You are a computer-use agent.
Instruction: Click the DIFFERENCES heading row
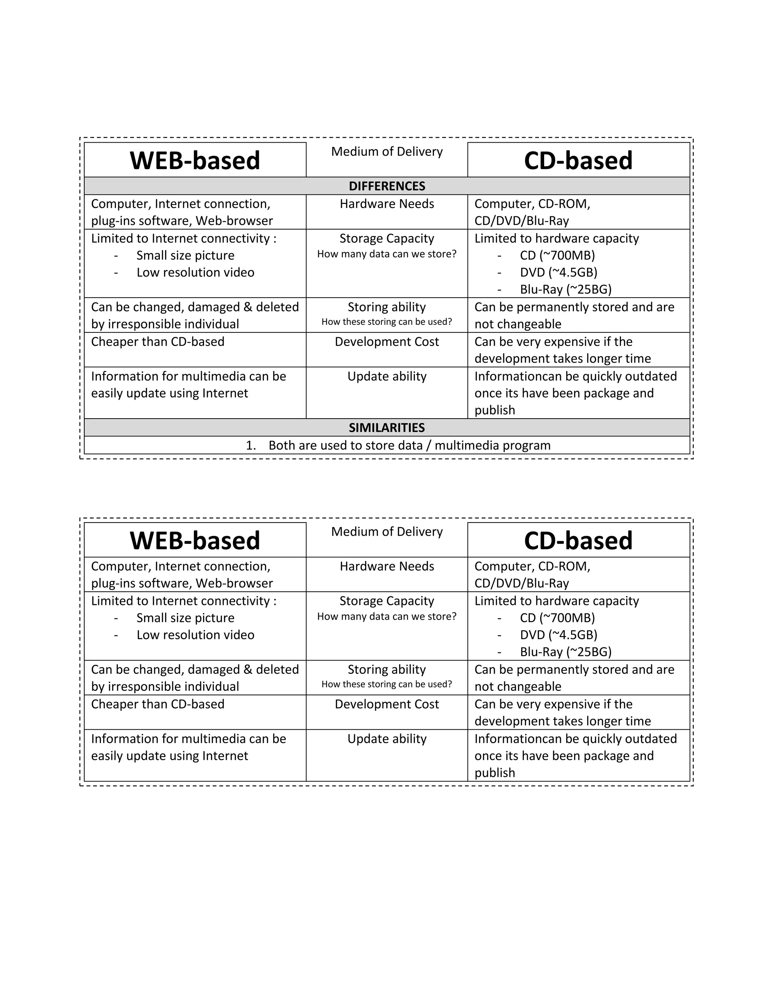(387, 186)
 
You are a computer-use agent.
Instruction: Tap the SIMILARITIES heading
(387, 428)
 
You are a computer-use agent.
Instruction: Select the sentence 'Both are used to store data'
(409, 445)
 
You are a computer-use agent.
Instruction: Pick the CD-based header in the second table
(578, 540)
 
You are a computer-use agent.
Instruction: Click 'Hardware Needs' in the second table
(387, 566)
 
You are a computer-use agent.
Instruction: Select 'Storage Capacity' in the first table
(387, 239)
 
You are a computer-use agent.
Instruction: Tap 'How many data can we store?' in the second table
(387, 617)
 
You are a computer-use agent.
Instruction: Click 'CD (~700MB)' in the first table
(557, 256)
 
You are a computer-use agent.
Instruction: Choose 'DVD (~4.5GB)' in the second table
(558, 635)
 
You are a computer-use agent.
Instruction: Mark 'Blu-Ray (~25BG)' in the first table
(565, 290)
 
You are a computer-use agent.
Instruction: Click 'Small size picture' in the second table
(185, 618)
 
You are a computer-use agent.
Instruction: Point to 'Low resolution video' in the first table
(195, 273)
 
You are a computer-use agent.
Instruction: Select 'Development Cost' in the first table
(387, 342)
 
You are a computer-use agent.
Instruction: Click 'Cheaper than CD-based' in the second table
(158, 704)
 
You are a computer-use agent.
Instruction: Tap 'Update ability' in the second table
(387, 739)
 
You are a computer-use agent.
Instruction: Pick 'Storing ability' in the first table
(387, 307)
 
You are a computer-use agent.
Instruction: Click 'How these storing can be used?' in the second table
(387, 684)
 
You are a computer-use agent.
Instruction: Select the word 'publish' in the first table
(495, 410)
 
